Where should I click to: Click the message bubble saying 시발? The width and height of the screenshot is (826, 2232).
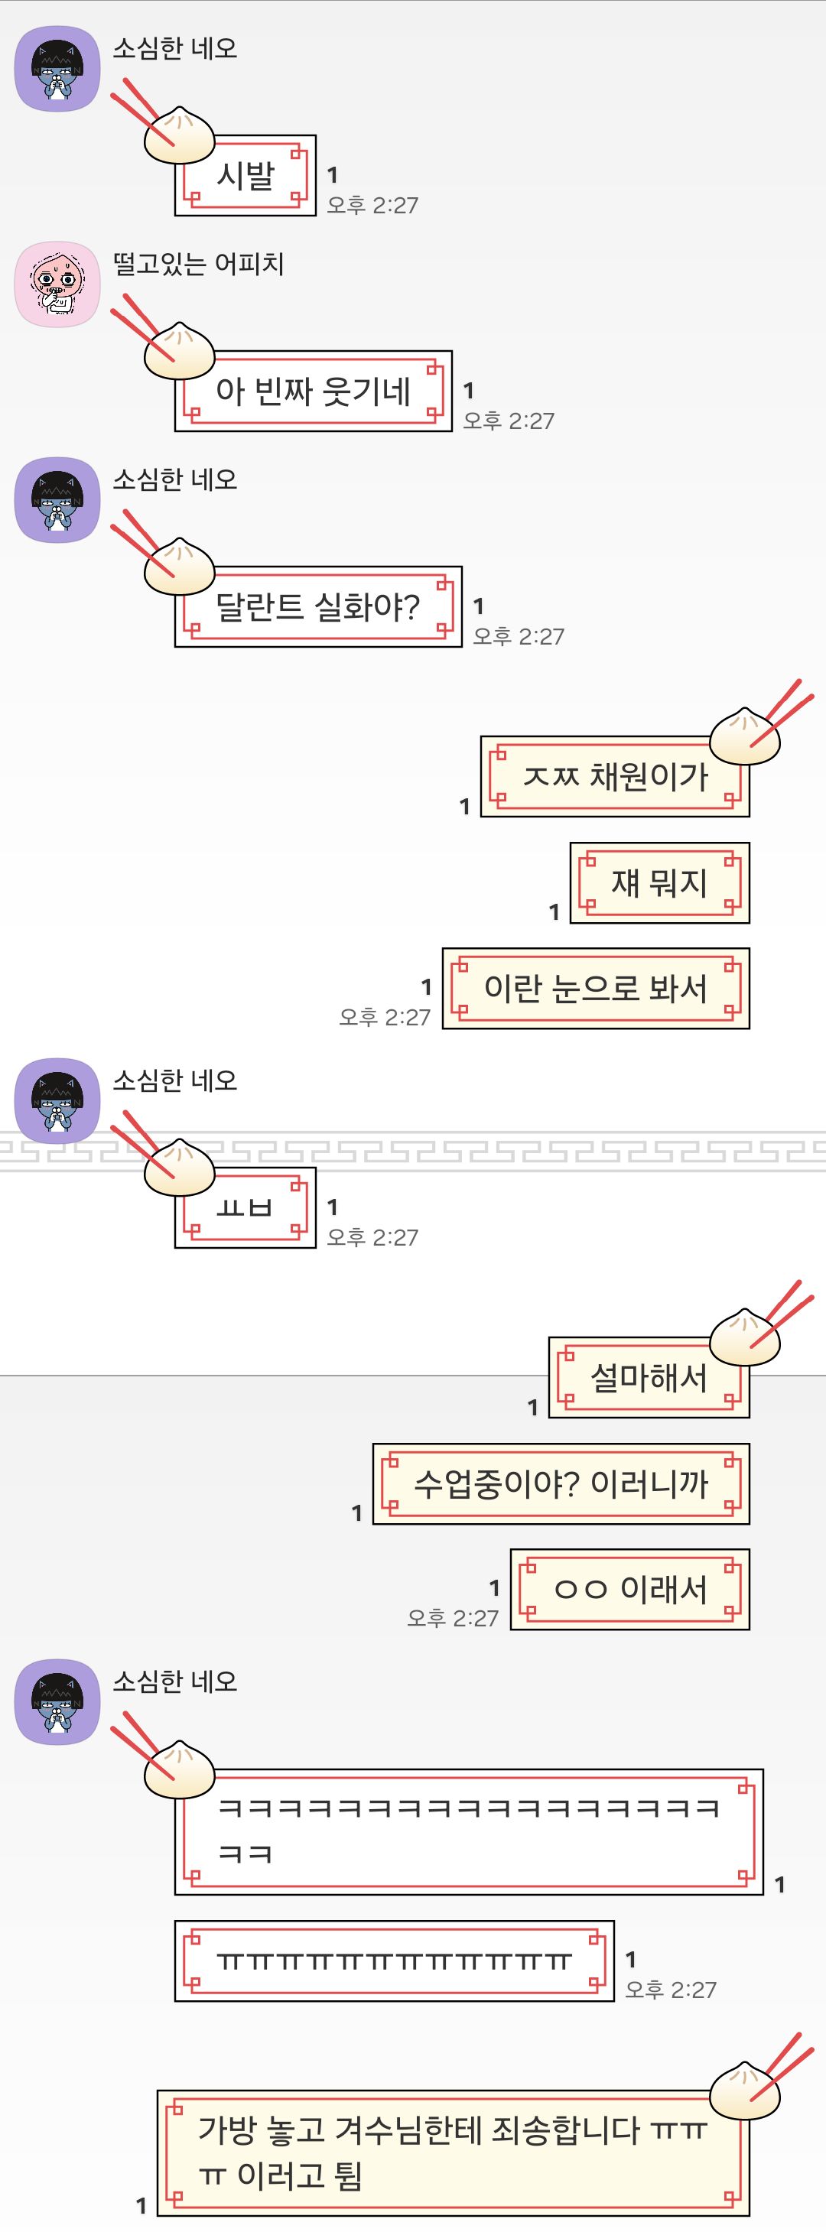tap(246, 176)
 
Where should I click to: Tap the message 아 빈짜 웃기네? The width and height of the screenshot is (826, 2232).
tap(313, 391)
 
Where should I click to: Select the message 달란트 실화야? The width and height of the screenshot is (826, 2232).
tap(318, 607)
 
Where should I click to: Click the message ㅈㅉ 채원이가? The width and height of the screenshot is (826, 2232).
tap(614, 776)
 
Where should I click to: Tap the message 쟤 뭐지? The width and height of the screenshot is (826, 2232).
tap(659, 883)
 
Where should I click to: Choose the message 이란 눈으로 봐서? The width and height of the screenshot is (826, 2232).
tap(596, 989)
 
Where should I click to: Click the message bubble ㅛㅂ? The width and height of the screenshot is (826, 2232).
tap(246, 1208)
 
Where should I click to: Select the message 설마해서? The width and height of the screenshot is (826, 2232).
tap(649, 1378)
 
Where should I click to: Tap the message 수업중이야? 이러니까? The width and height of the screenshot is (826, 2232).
tap(561, 1484)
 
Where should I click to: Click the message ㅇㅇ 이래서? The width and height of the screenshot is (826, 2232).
tap(630, 1590)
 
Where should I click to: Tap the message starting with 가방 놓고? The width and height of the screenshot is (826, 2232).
tap(454, 2153)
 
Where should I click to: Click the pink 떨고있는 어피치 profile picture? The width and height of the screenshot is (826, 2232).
tap(57, 284)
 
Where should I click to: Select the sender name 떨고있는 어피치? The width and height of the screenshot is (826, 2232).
tap(199, 263)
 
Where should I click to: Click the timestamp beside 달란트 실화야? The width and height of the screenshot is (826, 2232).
tap(519, 637)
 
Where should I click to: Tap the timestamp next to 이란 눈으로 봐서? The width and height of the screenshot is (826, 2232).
tap(385, 1017)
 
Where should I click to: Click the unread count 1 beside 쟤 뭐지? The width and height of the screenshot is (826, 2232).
tap(554, 911)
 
